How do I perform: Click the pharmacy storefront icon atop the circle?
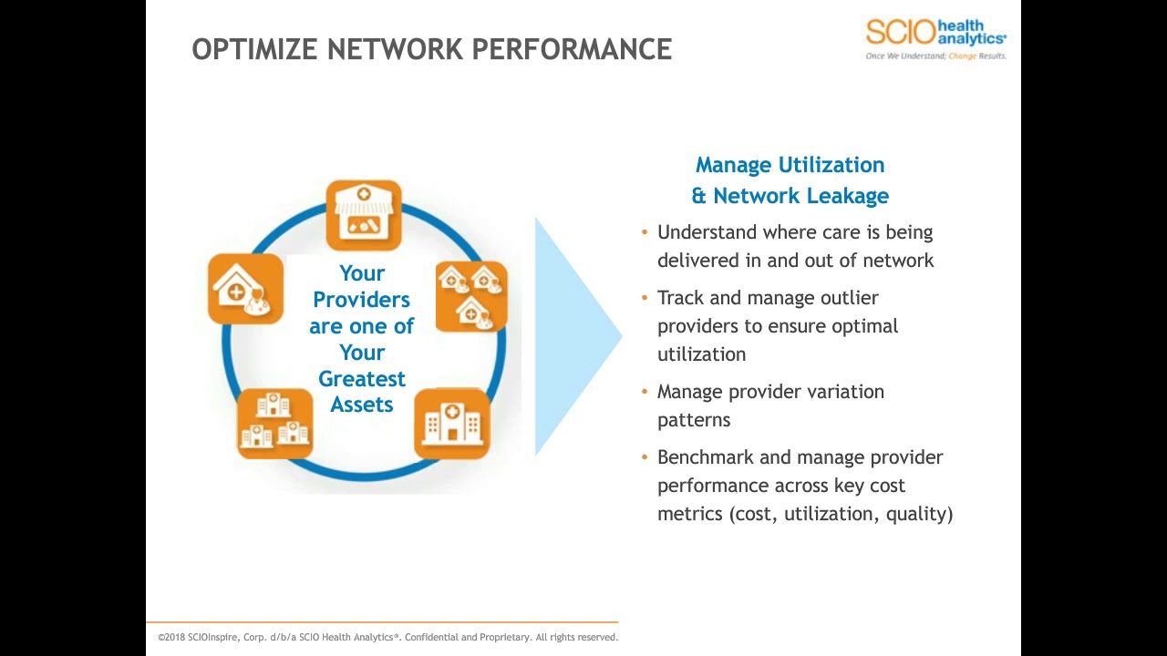click(x=364, y=214)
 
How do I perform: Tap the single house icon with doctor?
click(x=245, y=289)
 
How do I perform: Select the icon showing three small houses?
click(x=471, y=296)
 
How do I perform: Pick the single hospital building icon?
click(x=452, y=424)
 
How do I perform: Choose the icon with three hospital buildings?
click(x=274, y=424)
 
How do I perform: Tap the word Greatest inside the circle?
click(x=362, y=378)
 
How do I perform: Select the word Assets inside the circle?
click(x=362, y=405)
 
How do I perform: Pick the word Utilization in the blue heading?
click(x=830, y=165)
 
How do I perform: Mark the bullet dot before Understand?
click(x=645, y=232)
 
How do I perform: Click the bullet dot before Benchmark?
click(x=645, y=457)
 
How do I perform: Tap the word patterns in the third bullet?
click(x=694, y=420)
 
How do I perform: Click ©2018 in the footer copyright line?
click(x=171, y=638)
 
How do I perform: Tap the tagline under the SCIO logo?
click(x=935, y=56)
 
